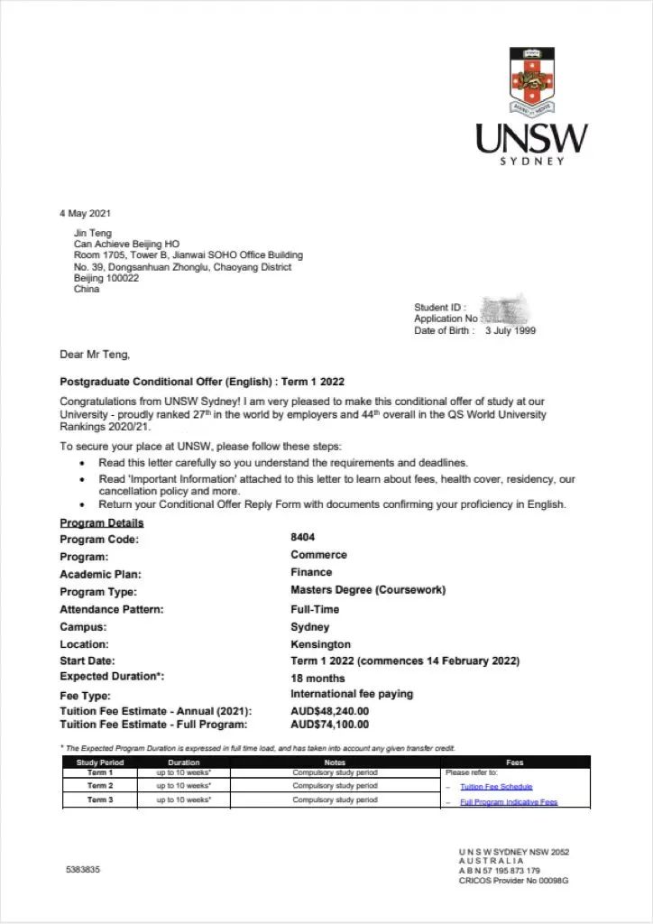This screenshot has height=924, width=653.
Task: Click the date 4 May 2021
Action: [86, 213]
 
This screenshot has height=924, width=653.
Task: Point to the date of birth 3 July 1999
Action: [510, 330]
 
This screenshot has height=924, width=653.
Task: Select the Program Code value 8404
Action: [303, 537]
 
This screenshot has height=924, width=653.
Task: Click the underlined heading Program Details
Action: [102, 523]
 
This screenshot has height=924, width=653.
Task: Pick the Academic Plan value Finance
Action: [311, 572]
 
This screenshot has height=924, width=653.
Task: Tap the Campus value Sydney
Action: [310, 626]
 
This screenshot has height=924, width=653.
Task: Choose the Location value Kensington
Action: [320, 644]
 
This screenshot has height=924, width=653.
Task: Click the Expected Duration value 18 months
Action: [317, 679]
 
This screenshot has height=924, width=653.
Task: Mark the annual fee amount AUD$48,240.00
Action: [329, 711]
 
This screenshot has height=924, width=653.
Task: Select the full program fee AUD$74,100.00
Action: [329, 724]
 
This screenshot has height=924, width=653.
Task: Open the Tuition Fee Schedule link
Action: [496, 787]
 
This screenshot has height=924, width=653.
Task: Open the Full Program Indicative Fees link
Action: [509, 801]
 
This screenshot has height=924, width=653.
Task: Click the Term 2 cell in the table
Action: [100, 786]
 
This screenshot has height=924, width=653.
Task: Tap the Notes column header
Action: [335, 762]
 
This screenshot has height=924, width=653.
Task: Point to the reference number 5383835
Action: [83, 870]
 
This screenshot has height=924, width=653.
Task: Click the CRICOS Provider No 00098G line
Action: [513, 881]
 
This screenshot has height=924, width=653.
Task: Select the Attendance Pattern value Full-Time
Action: [315, 609]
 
